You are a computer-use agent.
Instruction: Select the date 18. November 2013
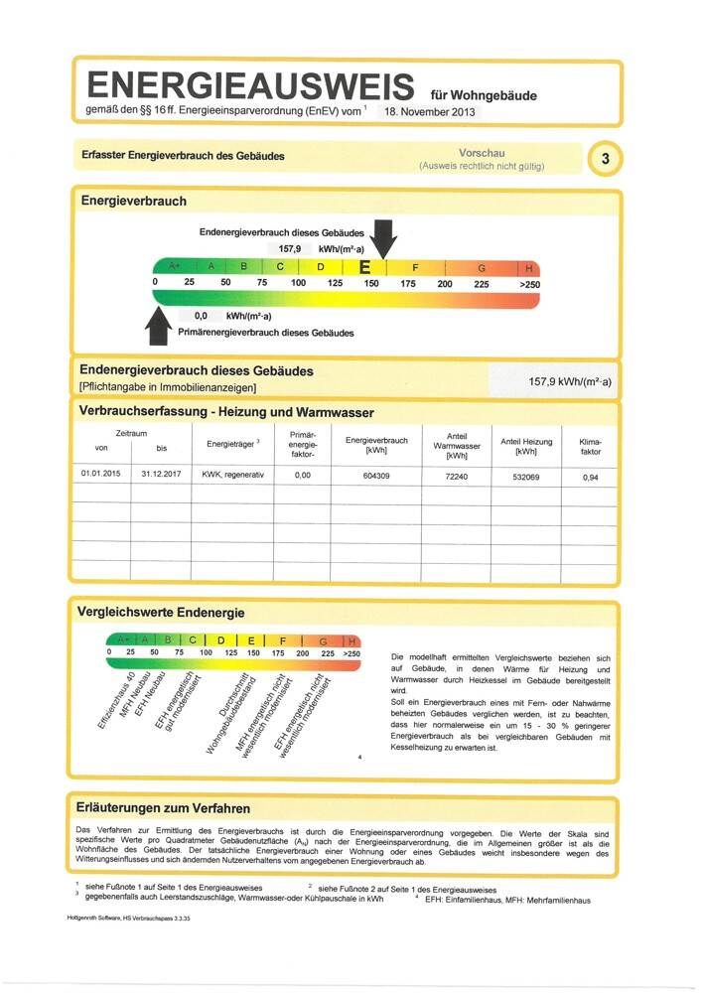425,112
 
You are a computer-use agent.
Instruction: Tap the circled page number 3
605,158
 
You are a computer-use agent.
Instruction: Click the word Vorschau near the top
482,153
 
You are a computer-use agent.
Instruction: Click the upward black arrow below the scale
159,325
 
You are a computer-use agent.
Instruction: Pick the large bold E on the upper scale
364,267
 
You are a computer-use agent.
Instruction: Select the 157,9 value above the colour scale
290,248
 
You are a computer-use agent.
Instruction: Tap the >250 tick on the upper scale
529,284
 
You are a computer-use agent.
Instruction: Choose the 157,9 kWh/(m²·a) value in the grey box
570,381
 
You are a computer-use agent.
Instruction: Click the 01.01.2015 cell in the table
100,475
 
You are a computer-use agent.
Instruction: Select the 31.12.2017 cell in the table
160,475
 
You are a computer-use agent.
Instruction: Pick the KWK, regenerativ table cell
233,475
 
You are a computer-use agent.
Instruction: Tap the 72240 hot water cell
457,476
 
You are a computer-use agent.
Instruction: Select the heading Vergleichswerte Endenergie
161,613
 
